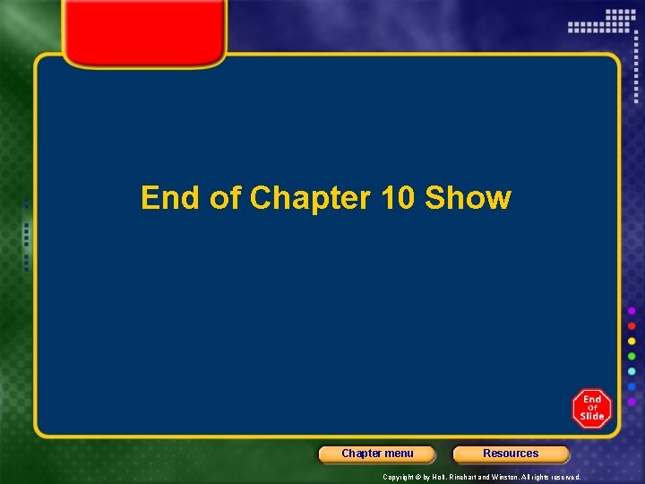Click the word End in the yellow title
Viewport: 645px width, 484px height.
[x=170, y=198]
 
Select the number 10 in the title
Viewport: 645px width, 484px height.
[x=398, y=198]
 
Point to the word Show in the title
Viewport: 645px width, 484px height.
[x=468, y=198]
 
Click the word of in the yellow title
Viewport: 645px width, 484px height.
[x=225, y=198]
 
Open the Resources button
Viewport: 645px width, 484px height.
[x=511, y=454]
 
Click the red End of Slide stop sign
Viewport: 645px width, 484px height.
[x=592, y=409]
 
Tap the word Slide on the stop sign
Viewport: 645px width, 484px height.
[x=592, y=416]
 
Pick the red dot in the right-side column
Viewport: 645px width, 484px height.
[x=632, y=325]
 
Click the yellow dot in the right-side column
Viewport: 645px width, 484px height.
[x=632, y=341]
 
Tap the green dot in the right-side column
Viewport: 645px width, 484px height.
[x=632, y=356]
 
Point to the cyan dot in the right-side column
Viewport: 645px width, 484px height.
[x=632, y=371]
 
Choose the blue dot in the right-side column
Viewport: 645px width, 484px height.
[x=632, y=386]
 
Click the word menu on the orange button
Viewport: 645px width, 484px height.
[x=400, y=454]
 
